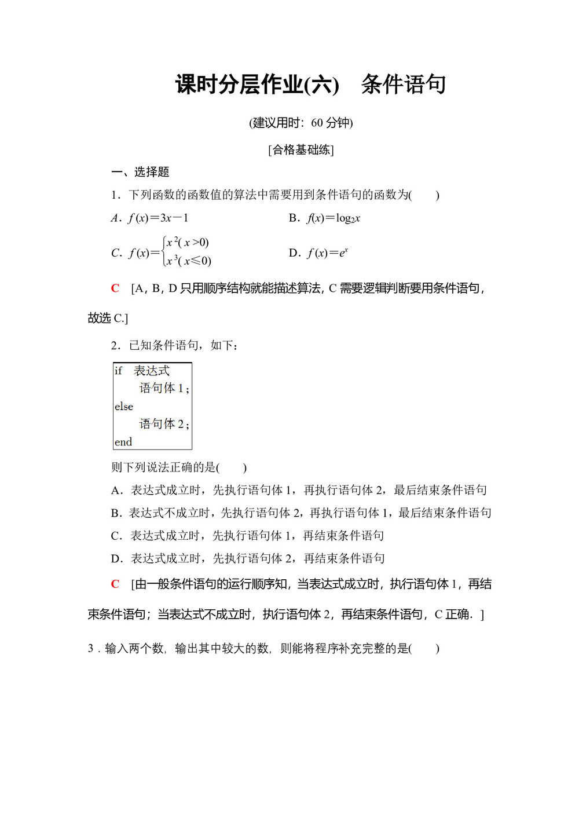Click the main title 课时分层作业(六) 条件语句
310,85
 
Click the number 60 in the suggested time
317,123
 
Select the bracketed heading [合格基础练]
301,150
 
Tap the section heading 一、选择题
140,172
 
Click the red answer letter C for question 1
115,288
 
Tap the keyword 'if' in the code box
118,371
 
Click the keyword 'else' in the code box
124,407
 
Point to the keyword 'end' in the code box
123,442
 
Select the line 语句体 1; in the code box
164,388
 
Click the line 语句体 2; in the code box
164,424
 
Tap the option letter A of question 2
116,491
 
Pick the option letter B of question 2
116,513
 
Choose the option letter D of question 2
116,559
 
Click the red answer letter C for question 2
115,584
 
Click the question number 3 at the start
91,649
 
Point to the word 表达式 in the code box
152,371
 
